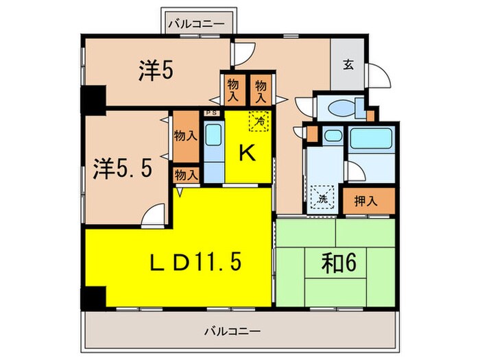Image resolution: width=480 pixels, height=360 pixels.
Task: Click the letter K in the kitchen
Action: coord(248,153)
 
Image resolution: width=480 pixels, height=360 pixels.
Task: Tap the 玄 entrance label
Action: coord(348,66)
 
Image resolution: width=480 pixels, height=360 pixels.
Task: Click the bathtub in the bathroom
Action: coord(371,141)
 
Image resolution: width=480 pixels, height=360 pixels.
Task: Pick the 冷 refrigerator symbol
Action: coord(259,121)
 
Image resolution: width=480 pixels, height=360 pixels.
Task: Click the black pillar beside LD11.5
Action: coord(93,297)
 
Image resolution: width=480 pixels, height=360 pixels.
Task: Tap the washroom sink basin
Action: coord(332,136)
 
